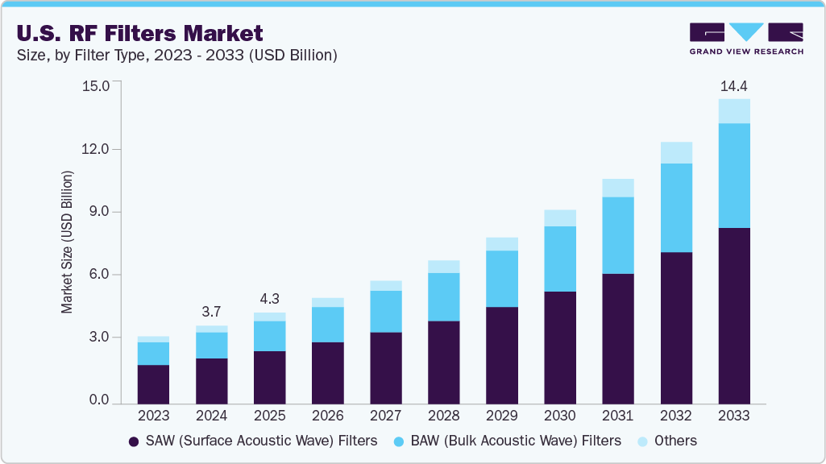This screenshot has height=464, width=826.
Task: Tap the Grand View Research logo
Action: (746, 39)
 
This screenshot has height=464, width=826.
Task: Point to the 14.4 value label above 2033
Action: (734, 86)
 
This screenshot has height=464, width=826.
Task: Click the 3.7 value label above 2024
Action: (211, 312)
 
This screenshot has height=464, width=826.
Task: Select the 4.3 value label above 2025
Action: (269, 299)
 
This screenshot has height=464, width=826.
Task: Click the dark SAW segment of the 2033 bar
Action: (734, 316)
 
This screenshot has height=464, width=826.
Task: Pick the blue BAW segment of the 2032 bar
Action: (676, 208)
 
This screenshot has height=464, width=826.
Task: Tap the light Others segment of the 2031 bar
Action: (618, 188)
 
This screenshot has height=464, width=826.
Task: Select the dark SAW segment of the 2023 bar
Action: (153, 384)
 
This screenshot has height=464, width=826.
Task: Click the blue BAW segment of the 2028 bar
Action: (444, 297)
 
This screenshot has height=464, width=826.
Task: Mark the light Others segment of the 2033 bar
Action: (734, 111)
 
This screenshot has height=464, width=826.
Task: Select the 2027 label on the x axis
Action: (385, 416)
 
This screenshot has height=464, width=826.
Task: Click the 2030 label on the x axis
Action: (560, 416)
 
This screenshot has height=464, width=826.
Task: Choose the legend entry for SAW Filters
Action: (252, 441)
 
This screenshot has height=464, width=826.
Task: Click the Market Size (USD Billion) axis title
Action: (68, 242)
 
